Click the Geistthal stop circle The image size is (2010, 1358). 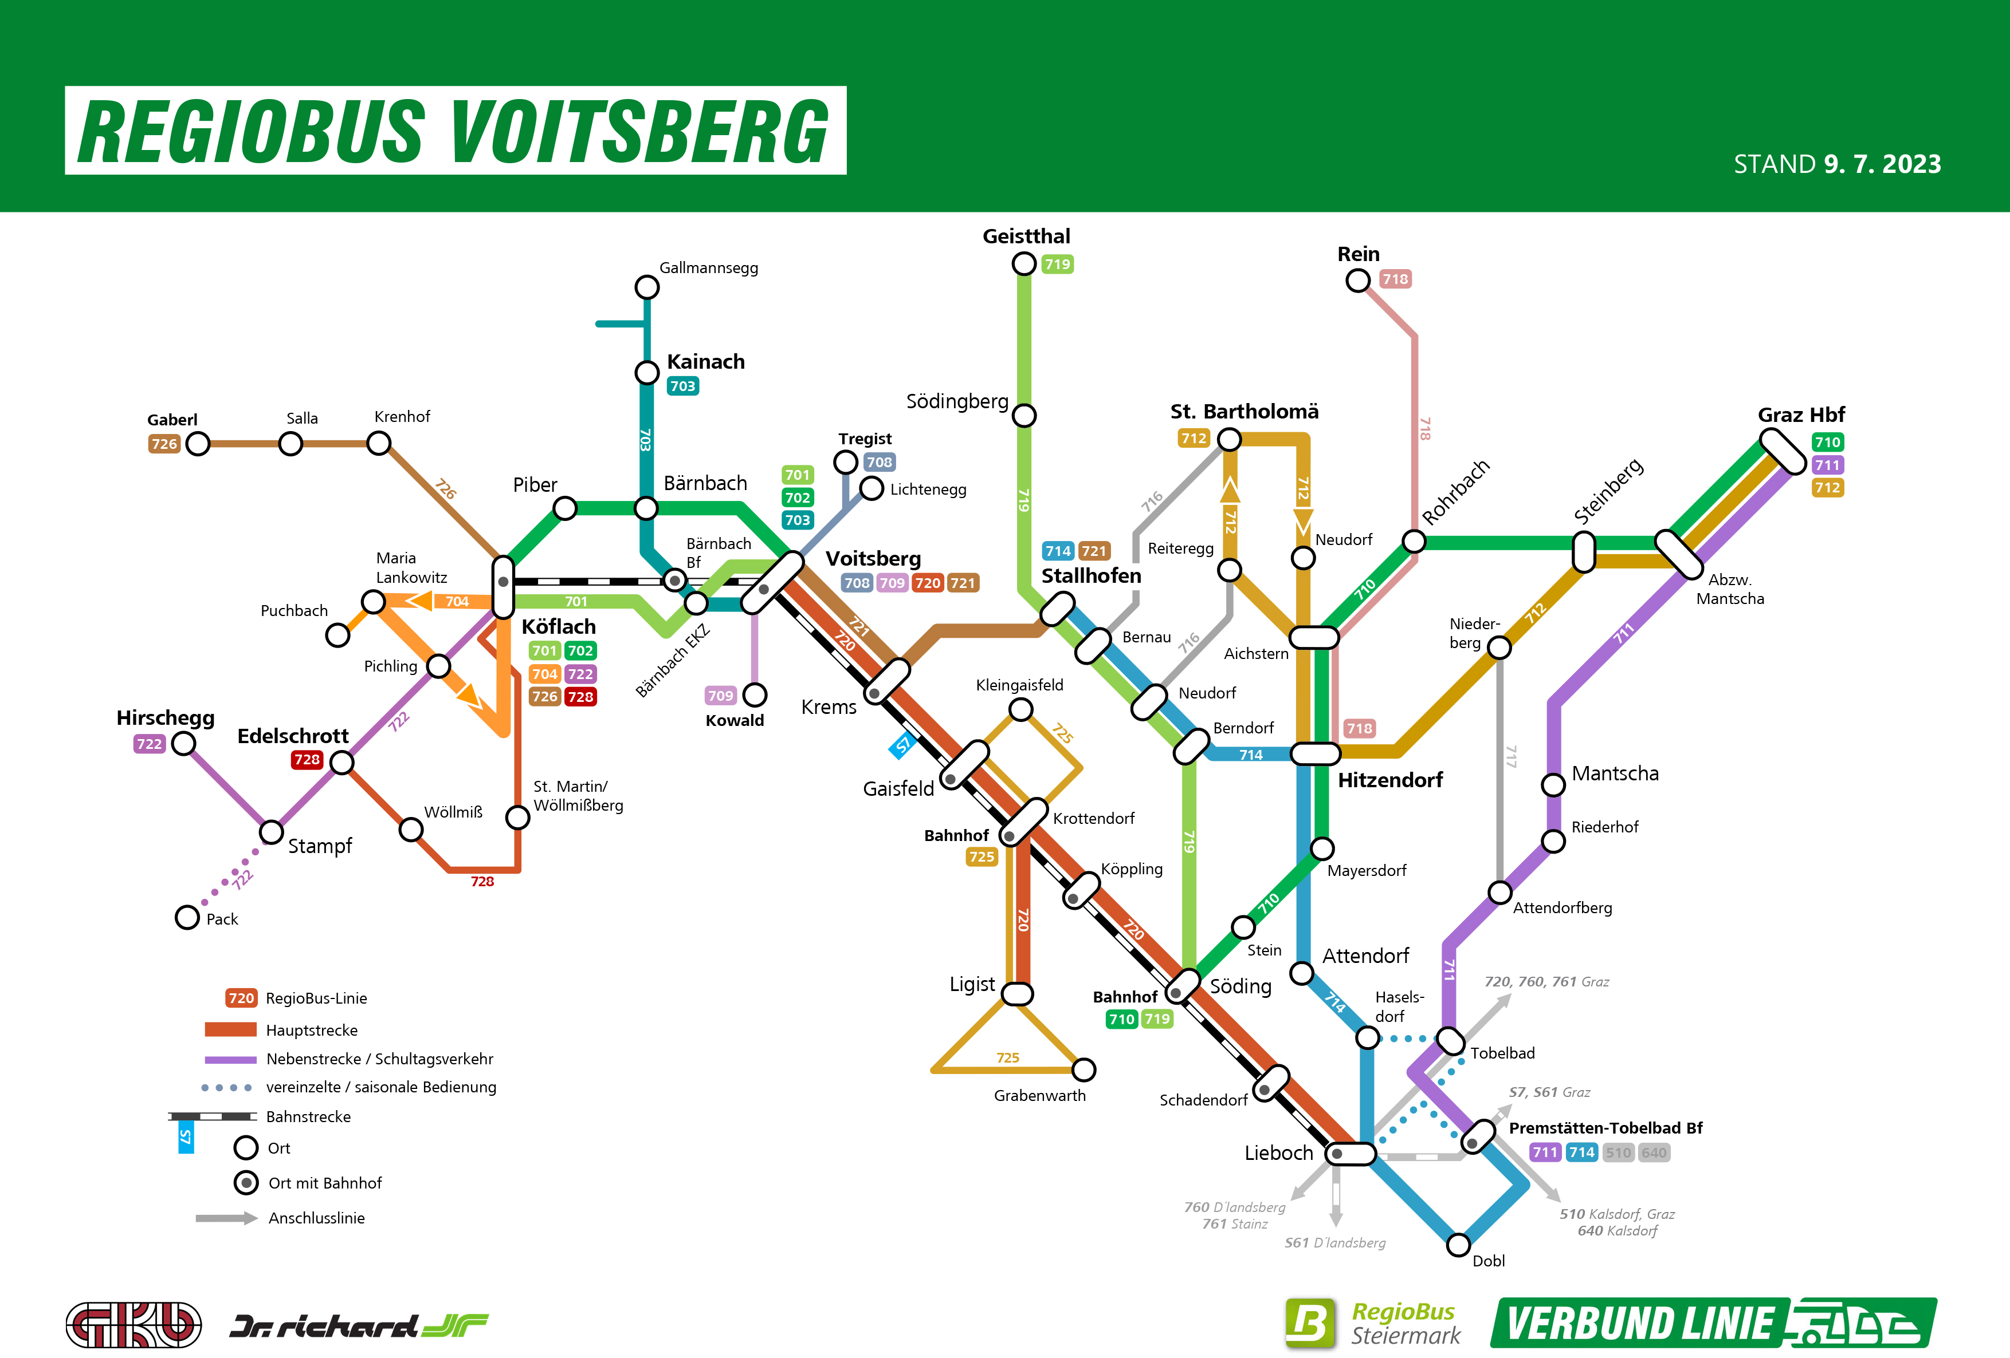[1024, 264]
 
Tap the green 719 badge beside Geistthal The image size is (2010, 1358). [1057, 265]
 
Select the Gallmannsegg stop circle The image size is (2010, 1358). [647, 287]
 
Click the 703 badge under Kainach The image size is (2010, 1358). [682, 386]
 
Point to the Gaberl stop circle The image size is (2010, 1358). [198, 444]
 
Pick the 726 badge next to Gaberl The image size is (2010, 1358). [164, 444]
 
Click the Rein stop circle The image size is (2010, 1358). [1358, 280]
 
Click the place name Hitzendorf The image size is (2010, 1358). [1390, 780]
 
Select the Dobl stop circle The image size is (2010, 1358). [1458, 1245]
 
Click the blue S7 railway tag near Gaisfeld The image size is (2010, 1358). [903, 745]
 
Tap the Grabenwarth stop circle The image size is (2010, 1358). [1083, 1069]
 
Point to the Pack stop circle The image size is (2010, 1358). [187, 917]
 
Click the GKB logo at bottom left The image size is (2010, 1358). [134, 1324]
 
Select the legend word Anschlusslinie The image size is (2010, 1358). [316, 1218]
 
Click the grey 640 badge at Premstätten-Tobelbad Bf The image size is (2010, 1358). [1654, 1152]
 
